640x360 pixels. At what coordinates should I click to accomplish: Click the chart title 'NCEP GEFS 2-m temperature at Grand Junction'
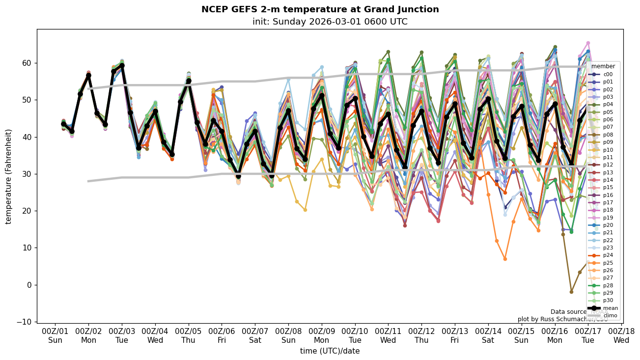click(320, 9)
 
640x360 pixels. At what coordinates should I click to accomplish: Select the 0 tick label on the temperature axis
click(29, 285)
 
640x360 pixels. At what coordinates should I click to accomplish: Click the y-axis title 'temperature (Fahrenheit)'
click(8, 176)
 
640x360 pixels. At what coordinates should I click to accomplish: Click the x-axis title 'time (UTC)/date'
click(330, 351)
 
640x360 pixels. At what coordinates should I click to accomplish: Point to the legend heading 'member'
click(603, 66)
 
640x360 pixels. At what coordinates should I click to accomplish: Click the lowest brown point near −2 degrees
click(571, 292)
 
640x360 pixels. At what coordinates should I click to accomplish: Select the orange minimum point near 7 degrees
click(504, 259)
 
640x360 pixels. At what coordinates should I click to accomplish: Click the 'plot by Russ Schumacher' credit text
click(562, 319)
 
